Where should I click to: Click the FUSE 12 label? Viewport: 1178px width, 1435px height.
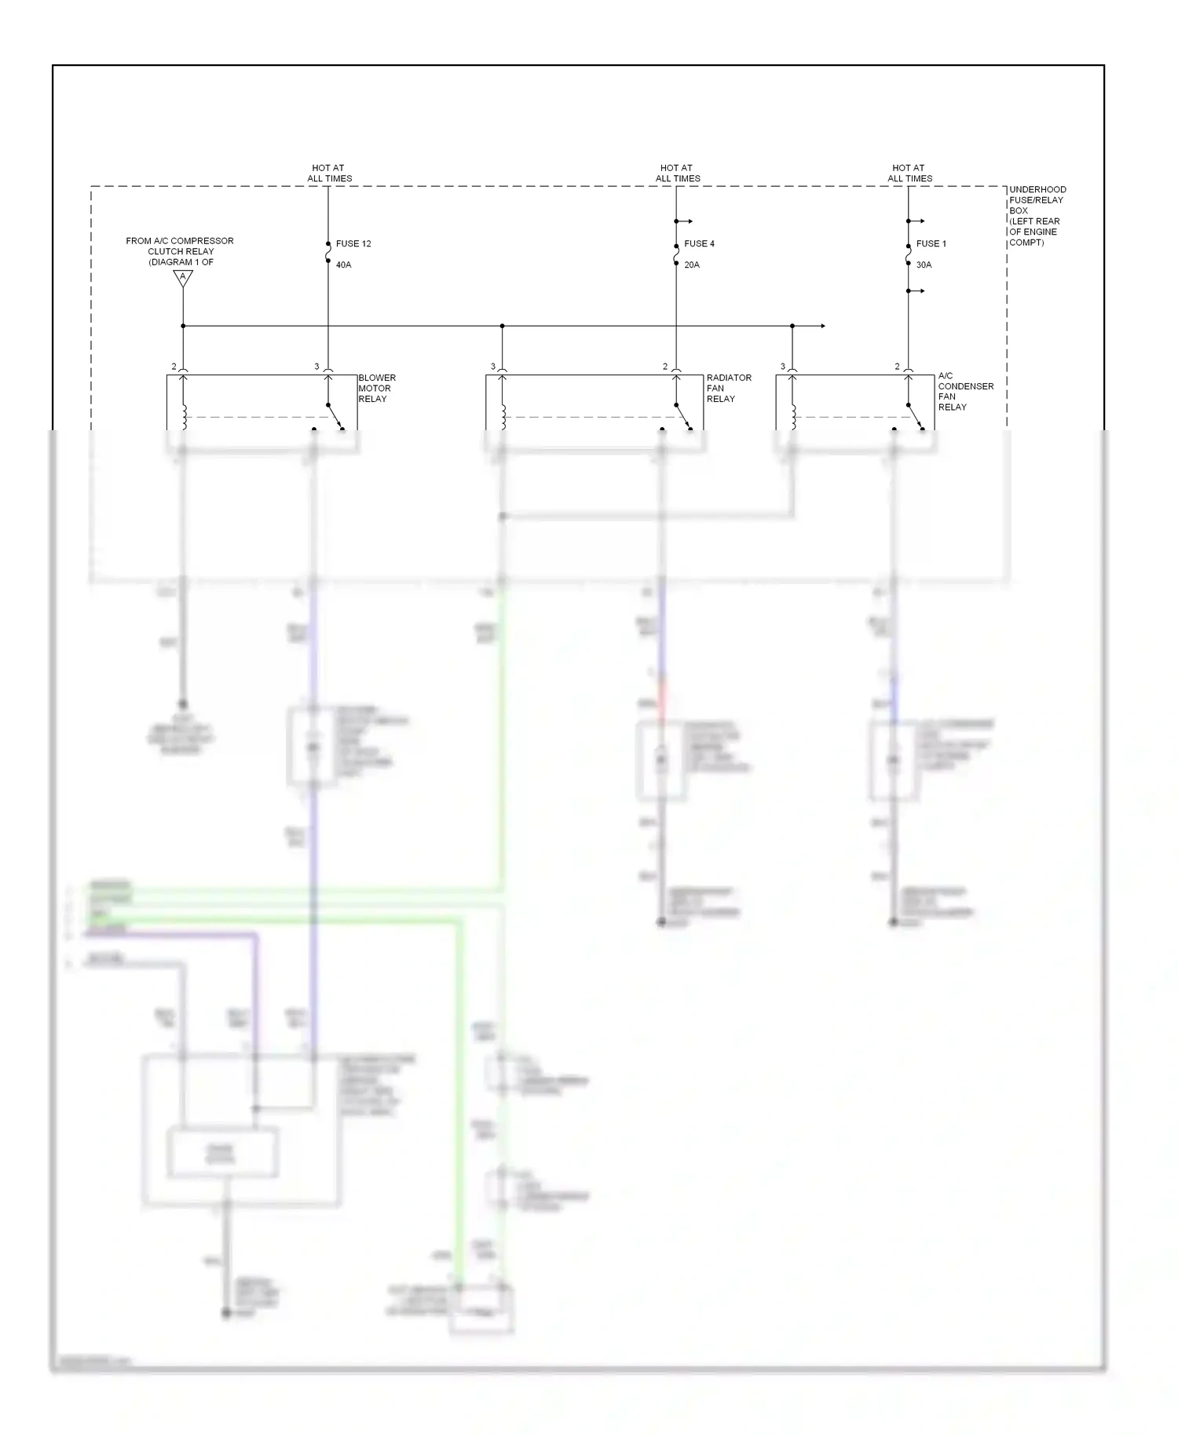(353, 243)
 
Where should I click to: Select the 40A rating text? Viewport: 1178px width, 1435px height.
(343, 265)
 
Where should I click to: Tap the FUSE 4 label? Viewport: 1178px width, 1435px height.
(699, 243)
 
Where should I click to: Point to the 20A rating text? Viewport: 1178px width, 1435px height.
(691, 265)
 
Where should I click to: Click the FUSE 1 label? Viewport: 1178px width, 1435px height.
(931, 243)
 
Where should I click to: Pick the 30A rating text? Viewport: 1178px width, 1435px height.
(924, 265)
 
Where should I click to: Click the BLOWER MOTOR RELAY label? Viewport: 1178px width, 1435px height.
(377, 388)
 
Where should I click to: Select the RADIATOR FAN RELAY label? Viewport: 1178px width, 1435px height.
(728, 388)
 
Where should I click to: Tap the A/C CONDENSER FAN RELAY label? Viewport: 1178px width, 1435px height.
(965, 391)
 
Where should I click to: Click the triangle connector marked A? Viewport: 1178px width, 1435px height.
(183, 277)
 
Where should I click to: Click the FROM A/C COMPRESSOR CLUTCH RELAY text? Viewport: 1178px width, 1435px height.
(180, 251)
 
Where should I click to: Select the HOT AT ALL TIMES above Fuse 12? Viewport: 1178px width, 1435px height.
(329, 173)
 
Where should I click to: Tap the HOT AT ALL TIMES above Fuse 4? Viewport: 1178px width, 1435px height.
(677, 173)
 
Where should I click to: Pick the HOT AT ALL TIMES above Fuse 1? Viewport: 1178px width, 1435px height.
(909, 173)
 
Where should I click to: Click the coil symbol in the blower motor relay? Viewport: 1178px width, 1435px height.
(185, 416)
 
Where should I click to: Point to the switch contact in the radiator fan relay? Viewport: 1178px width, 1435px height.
(682, 416)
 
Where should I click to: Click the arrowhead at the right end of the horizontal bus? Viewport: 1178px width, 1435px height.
(822, 326)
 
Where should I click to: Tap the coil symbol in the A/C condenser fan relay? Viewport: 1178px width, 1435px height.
(793, 416)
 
